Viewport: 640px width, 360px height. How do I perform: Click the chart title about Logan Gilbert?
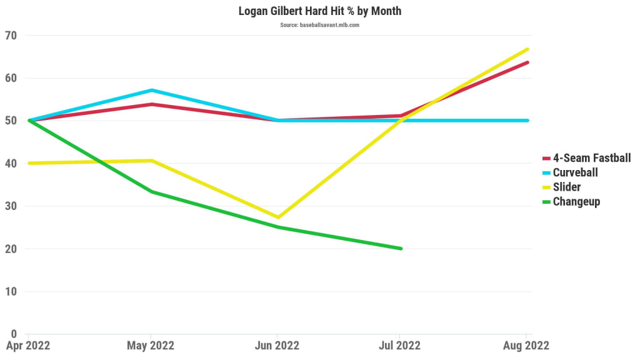click(x=320, y=11)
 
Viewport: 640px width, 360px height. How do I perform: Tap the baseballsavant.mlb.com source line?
click(x=320, y=25)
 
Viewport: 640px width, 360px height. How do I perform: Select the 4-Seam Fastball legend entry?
click(x=591, y=158)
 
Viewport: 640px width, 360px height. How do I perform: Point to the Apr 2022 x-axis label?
click(x=28, y=346)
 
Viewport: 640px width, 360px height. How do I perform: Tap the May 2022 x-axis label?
click(x=151, y=346)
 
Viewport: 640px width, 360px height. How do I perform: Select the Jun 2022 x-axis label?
click(x=277, y=346)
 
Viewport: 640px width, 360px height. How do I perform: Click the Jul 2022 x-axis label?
click(x=400, y=346)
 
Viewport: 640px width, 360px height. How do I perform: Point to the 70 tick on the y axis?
click(x=11, y=36)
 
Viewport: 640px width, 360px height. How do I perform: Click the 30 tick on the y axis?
click(x=11, y=206)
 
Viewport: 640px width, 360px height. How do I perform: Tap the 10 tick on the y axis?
click(x=11, y=291)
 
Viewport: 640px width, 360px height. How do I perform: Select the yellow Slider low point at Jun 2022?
click(x=277, y=217)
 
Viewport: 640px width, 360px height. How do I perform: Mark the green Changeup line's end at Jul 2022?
click(x=401, y=249)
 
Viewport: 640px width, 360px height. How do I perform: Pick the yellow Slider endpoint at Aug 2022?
click(x=528, y=49)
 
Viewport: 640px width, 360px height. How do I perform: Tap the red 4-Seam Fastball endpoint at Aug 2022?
click(x=528, y=62)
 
